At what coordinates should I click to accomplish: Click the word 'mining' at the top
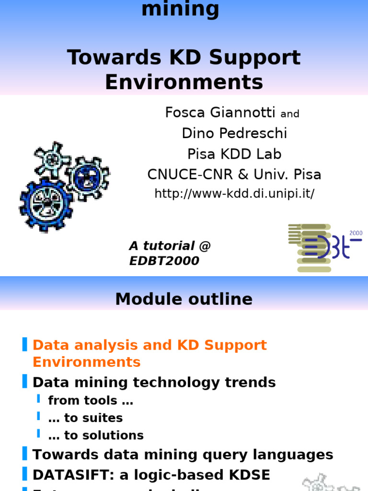(x=180, y=9)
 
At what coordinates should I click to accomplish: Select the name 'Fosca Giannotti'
(x=220, y=112)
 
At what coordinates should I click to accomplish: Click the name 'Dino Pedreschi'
(x=234, y=133)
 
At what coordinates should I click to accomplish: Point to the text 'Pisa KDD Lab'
(x=234, y=154)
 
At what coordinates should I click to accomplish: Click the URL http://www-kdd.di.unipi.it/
(x=234, y=194)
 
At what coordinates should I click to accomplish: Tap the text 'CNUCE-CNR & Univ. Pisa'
(x=234, y=175)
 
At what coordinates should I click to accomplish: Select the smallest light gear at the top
(x=52, y=159)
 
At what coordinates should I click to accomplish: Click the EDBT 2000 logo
(x=323, y=247)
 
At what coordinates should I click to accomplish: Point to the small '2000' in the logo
(x=356, y=234)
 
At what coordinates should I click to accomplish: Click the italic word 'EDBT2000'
(x=164, y=261)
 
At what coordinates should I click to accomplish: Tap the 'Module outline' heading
(x=184, y=299)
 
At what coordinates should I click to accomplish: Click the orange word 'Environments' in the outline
(x=86, y=362)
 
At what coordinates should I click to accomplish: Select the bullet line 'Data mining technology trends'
(x=154, y=382)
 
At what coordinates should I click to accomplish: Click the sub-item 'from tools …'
(x=91, y=400)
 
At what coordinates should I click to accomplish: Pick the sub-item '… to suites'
(x=86, y=418)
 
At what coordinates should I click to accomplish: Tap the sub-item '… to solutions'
(x=96, y=435)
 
